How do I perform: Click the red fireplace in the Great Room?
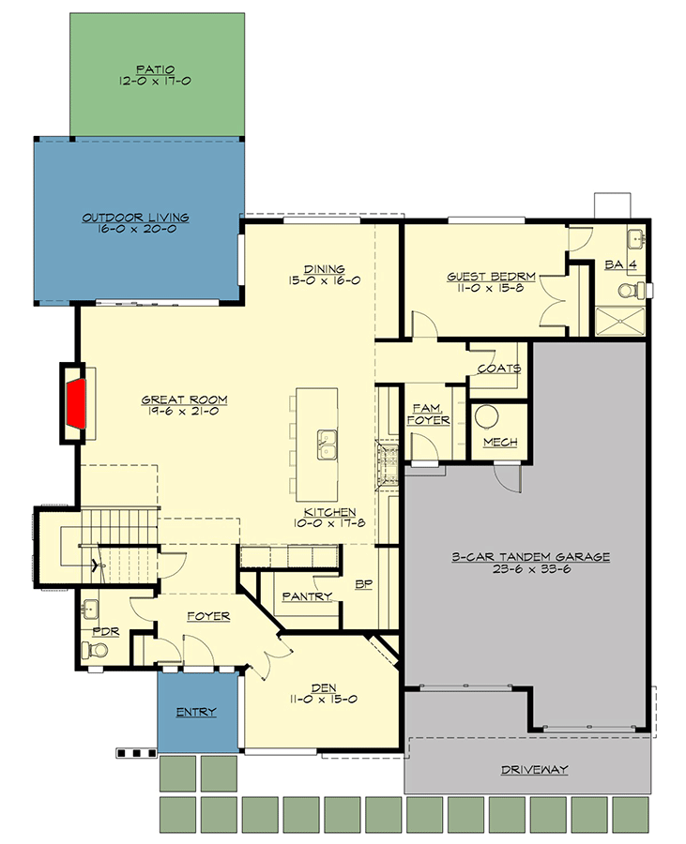coord(77,403)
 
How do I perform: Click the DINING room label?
coord(325,268)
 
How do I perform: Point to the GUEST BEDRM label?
coord(491,276)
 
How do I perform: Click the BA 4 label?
coord(621,265)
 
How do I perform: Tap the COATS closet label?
coord(498,369)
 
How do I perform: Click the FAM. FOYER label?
coord(429,414)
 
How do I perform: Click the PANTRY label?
coord(307,595)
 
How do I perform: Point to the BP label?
coord(364,583)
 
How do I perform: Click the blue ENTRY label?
coord(196,712)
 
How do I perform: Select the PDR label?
coord(106,632)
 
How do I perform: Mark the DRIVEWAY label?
coord(534,769)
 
